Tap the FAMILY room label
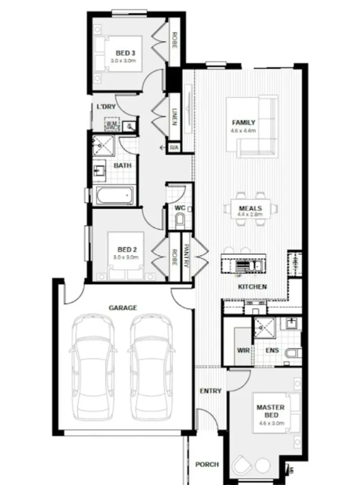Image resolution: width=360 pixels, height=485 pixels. tap(244, 122)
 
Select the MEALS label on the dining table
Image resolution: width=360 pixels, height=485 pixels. tap(250, 208)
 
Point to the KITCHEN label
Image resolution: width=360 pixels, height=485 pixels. tap(252, 286)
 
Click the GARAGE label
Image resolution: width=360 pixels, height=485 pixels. tap(122, 308)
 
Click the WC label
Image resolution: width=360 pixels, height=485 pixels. tap(179, 208)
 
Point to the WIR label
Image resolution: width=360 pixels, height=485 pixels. tap(242, 351)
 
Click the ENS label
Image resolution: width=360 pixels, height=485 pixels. tap(272, 351)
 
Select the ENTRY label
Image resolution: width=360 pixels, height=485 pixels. tap(210, 391)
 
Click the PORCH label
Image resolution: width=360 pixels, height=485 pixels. tap(207, 465)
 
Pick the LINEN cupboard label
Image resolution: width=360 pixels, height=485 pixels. tap(174, 114)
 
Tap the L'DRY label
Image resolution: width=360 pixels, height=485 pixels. tap(106, 107)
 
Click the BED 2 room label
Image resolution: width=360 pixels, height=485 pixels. tap(125, 249)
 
